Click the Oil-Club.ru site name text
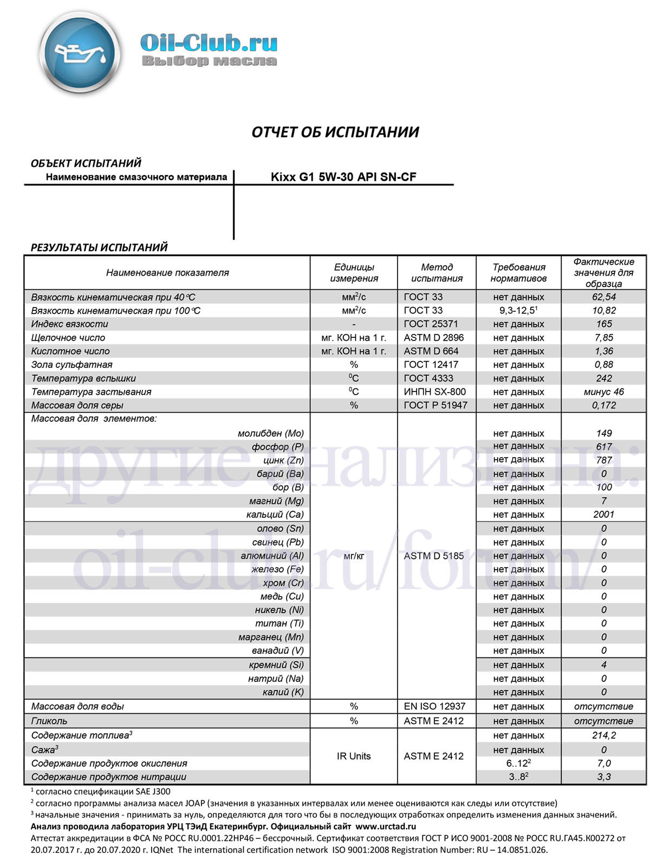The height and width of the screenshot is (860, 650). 209,42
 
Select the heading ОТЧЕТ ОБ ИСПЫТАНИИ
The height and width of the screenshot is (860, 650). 335,132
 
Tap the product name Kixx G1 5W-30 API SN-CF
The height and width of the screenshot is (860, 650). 343,177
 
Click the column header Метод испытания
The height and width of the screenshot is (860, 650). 437,272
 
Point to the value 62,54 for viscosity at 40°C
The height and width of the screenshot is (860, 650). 603,297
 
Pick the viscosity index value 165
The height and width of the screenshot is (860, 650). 603,324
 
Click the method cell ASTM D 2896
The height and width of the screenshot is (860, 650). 433,337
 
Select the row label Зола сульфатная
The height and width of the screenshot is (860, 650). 72,364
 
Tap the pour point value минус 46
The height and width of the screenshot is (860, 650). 603,392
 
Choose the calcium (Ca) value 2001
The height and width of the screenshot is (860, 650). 603,514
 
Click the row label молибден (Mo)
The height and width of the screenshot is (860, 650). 271,433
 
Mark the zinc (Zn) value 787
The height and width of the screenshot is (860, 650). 603,460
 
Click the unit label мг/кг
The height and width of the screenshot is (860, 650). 354,556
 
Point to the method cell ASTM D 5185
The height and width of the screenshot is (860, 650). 433,556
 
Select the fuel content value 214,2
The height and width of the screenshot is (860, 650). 603,735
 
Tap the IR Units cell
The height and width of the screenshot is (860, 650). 354,756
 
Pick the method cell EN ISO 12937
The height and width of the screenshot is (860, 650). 434,706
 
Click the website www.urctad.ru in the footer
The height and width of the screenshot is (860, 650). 385,826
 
